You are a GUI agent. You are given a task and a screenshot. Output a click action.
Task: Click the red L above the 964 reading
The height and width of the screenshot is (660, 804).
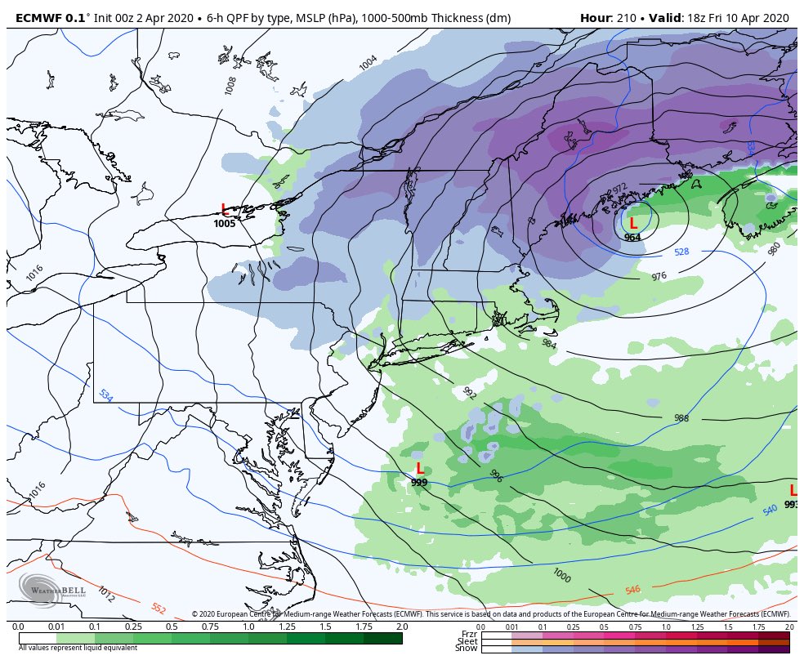pos(632,223)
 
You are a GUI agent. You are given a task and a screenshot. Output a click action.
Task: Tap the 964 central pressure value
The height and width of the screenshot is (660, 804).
pos(632,237)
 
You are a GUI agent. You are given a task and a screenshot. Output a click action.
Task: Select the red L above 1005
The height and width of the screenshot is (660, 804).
pos(225,210)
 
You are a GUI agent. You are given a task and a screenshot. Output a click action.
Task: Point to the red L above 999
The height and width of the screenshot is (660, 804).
pos(420,469)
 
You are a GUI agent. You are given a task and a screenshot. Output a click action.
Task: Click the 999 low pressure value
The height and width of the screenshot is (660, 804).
pos(419,483)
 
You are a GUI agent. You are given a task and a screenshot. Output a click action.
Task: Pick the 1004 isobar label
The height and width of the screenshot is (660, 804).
pos(368,62)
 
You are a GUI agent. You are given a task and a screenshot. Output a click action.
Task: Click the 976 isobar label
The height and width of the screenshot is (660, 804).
pos(659,276)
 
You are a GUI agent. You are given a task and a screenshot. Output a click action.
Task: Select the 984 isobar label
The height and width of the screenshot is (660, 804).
pos(549,343)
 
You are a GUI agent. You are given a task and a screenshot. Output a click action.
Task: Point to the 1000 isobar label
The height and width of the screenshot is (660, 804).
pos(561,575)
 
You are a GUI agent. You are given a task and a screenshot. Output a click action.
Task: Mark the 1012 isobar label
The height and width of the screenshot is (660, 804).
pos(105,594)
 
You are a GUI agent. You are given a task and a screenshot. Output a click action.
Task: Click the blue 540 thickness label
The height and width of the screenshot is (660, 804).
pos(770,511)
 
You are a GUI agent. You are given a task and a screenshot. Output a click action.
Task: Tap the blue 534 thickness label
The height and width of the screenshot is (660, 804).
pos(105,395)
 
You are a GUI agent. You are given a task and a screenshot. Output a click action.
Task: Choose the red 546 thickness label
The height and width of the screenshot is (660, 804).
pos(632,590)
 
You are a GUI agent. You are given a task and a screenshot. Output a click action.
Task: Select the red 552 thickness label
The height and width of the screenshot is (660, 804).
pos(159,609)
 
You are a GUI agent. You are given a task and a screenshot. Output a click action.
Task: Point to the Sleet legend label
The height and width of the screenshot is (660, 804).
pos(467,641)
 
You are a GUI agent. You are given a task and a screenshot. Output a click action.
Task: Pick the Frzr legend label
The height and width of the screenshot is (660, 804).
pos(469,634)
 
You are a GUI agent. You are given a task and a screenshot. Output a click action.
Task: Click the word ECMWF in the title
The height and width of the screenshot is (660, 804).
pos(39,18)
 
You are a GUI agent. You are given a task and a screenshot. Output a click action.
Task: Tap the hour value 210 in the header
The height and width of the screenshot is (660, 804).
pos(623,18)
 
